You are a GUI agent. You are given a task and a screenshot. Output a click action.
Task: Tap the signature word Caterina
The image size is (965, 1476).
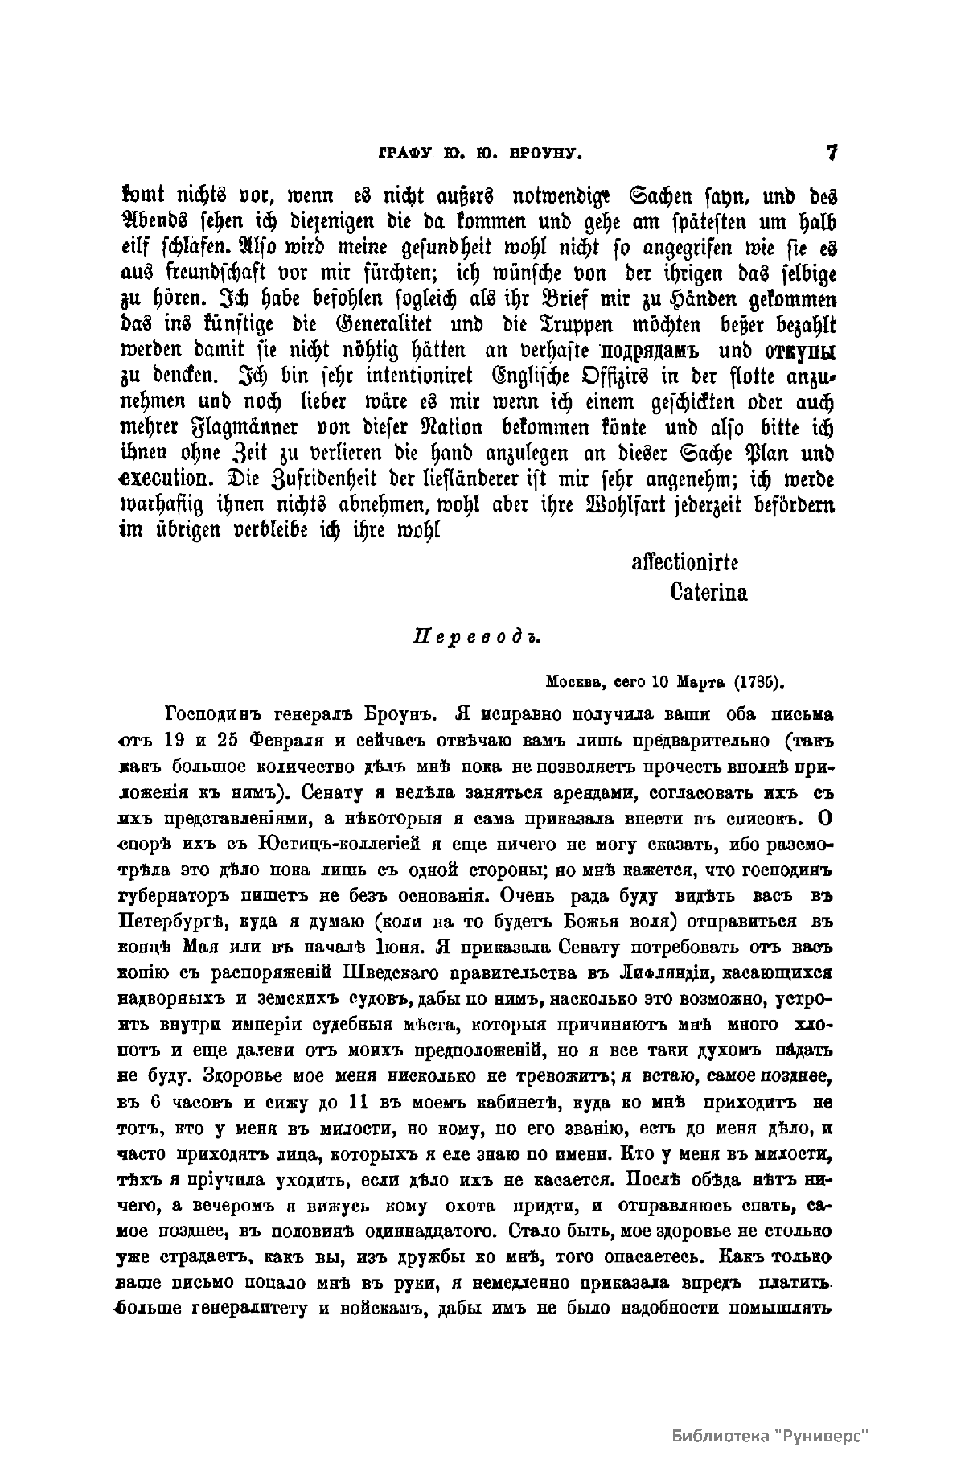point(708,593)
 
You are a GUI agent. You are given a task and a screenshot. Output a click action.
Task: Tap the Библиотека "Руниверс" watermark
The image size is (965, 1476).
point(772,1437)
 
